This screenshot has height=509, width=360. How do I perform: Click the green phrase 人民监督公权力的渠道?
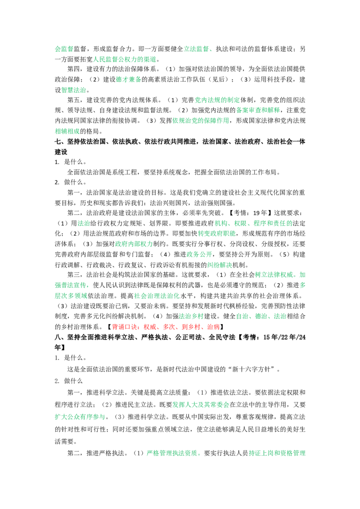[125, 59]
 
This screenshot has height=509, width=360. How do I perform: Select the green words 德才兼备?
[129, 80]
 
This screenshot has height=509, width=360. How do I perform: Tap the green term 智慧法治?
[74, 90]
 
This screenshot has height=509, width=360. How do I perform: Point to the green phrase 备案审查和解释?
[258, 110]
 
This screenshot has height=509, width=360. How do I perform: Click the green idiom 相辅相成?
[67, 131]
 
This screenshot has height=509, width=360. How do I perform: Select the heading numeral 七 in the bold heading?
[58, 142]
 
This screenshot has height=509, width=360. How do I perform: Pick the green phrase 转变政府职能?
[217, 233]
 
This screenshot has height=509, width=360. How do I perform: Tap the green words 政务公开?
[199, 254]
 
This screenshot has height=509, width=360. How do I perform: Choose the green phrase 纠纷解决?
[220, 265]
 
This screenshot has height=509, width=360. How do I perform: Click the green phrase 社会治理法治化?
[157, 296]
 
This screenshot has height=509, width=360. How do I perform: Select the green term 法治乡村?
[191, 316]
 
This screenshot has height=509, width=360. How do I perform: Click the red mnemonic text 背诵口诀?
[125, 327]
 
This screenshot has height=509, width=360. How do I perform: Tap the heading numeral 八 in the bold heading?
[58, 337]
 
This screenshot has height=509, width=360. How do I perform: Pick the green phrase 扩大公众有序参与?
[80, 417]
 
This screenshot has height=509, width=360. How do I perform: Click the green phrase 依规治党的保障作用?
[201, 121]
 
